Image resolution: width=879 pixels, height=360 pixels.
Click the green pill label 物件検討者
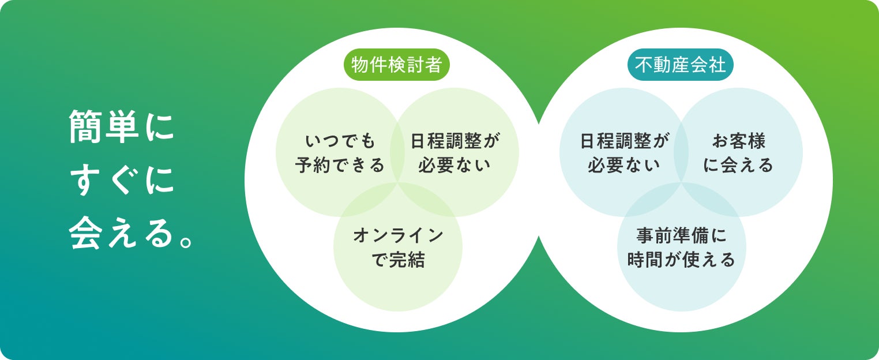[396, 65]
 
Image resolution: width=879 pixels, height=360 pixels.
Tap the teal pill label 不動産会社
[681, 65]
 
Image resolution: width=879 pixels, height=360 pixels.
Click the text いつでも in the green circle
[340, 141]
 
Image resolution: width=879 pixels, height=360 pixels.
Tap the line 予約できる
[340, 166]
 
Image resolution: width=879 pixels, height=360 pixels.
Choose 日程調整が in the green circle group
[454, 141]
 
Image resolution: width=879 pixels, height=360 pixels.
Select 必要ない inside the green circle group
[454, 166]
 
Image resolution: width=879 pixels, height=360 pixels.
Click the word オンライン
[398, 235]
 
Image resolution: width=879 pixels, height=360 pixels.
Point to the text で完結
[398, 260]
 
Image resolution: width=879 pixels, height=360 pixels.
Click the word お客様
[739, 141]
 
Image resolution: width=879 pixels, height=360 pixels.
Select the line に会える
[739, 166]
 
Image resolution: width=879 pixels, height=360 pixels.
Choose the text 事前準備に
[682, 235]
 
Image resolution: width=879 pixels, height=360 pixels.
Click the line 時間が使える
[682, 260]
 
